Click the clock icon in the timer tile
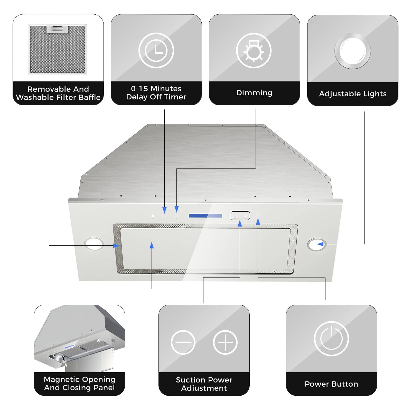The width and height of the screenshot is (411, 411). click(x=156, y=50)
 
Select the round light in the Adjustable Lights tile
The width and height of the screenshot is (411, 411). click(x=352, y=51)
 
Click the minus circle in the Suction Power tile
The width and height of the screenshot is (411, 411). click(x=183, y=342)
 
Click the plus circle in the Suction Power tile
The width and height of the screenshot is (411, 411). click(x=225, y=342)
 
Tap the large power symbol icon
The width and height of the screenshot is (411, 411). click(x=331, y=339)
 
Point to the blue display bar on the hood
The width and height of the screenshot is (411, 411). click(x=205, y=216)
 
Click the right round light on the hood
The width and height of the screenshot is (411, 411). click(x=316, y=245)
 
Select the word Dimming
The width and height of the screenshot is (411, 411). click(x=254, y=93)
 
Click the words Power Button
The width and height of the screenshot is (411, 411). click(x=331, y=384)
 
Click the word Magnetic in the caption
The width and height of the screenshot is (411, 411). click(x=61, y=379)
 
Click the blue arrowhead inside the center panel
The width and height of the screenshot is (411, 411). click(x=152, y=245)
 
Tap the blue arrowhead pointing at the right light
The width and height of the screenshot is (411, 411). click(x=320, y=244)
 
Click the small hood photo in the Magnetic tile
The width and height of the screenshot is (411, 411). click(x=79, y=339)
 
